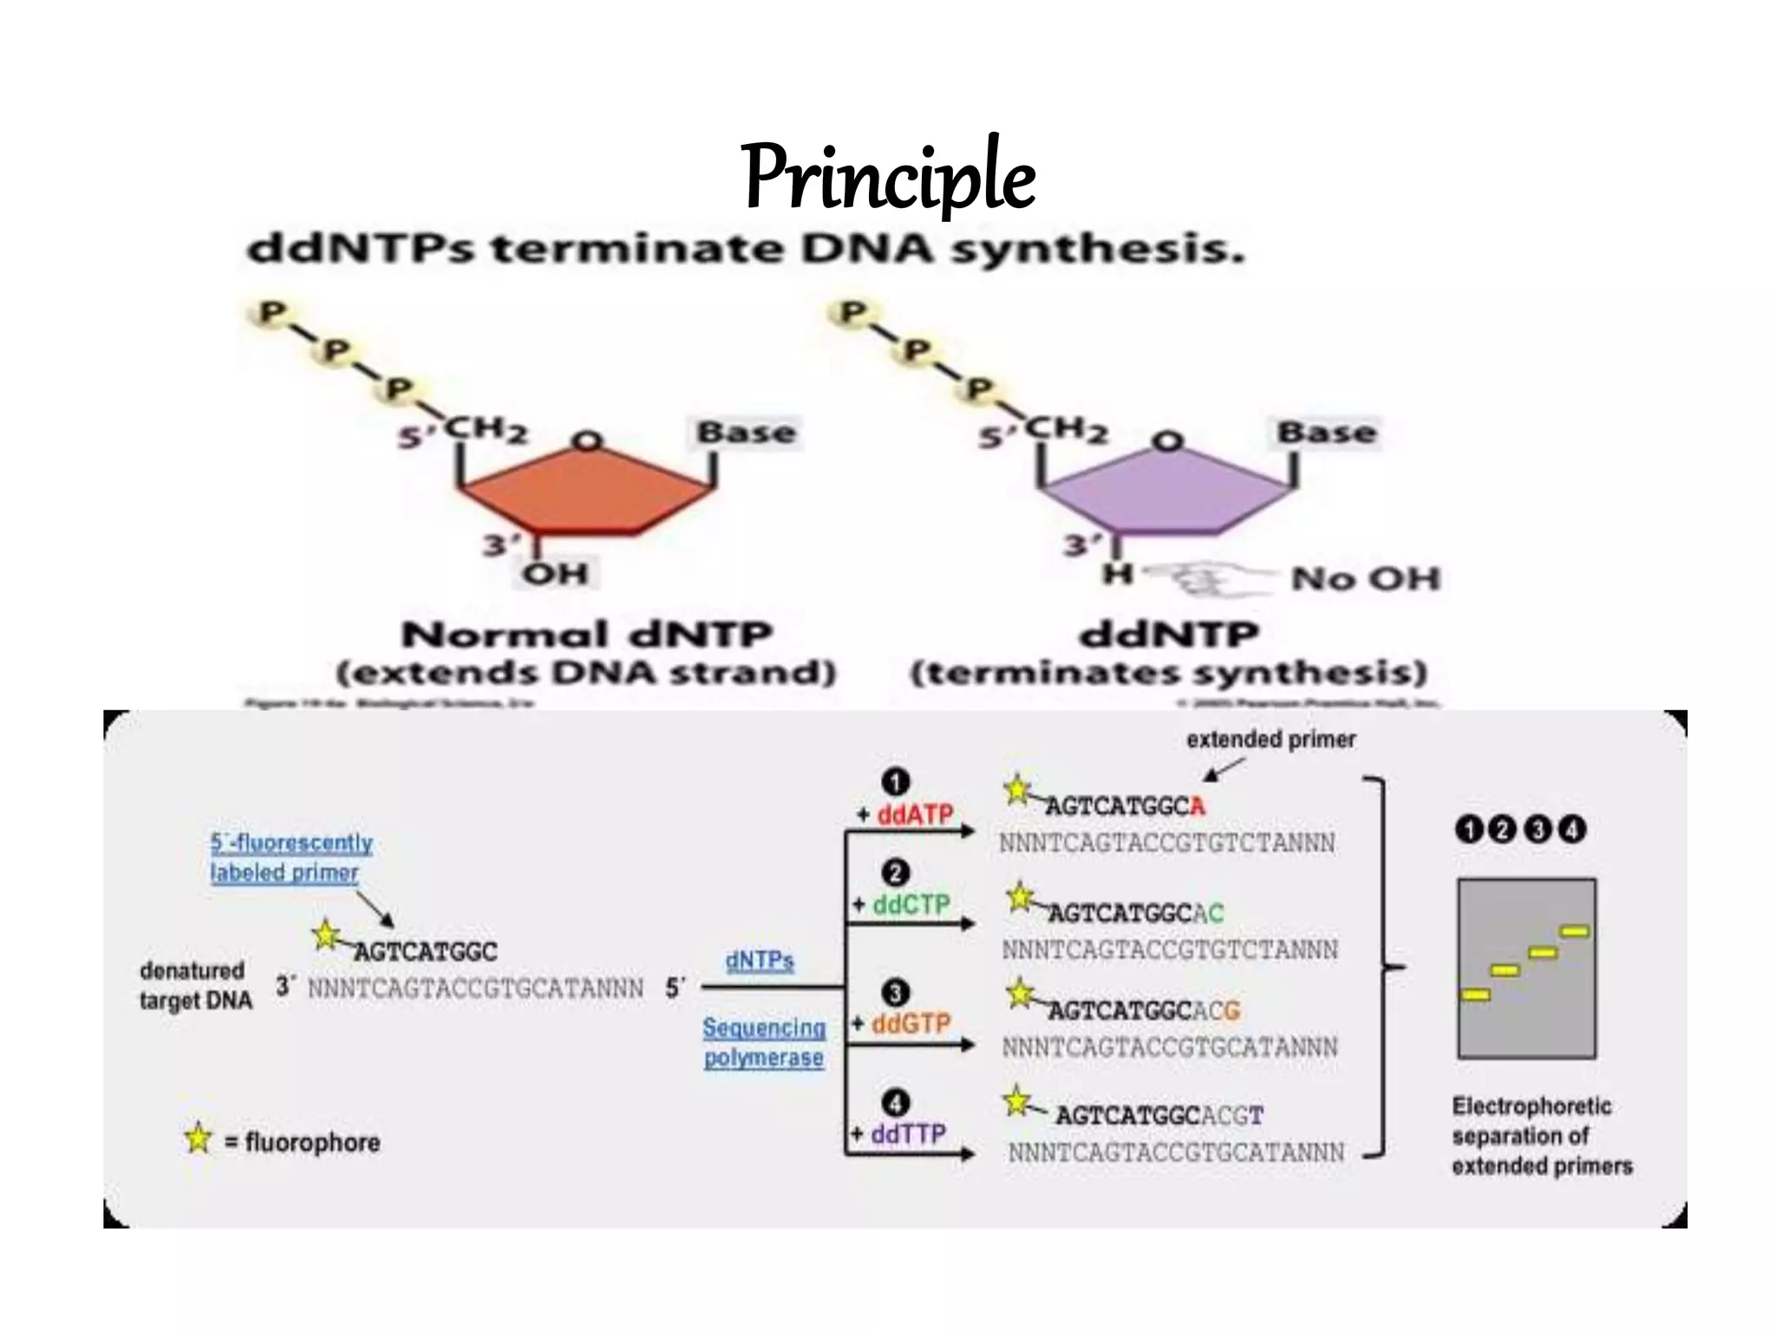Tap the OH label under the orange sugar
pyautogui.click(x=556, y=573)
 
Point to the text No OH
pyautogui.click(x=1365, y=578)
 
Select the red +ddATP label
pyautogui.click(x=905, y=814)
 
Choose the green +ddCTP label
pyautogui.click(x=902, y=904)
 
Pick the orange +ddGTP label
pyautogui.click(x=902, y=1023)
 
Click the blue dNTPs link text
pyautogui.click(x=760, y=961)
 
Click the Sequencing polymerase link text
pyautogui.click(x=764, y=1042)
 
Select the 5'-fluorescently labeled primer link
pyautogui.click(x=291, y=858)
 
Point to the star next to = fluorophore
pyautogui.click(x=199, y=1139)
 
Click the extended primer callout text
pyautogui.click(x=1270, y=740)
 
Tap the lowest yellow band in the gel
pyautogui.click(x=1475, y=995)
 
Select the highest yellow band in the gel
pyautogui.click(x=1575, y=931)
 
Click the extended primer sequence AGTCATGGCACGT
pyautogui.click(x=1159, y=1115)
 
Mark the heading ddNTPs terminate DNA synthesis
pyautogui.click(x=746, y=251)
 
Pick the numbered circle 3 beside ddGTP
pyautogui.click(x=895, y=993)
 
